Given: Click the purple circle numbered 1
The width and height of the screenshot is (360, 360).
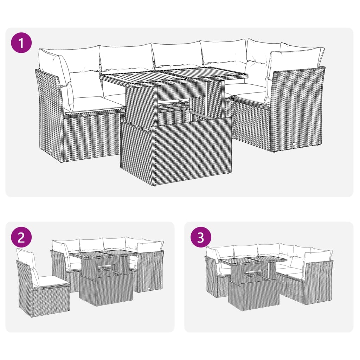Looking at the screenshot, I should (21, 43).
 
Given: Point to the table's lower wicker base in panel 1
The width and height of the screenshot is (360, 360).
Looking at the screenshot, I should (176, 155).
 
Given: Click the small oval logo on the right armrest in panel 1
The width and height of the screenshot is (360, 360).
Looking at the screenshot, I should (295, 144).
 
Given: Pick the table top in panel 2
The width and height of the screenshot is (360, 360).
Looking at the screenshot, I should (100, 256).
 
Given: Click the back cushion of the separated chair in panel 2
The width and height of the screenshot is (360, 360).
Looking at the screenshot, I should (26, 260).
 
